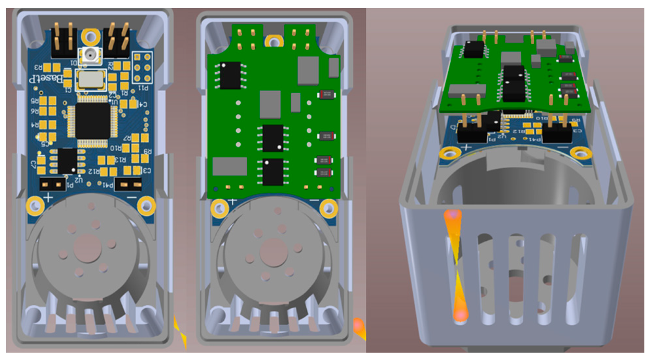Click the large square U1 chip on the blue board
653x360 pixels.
coord(92,121)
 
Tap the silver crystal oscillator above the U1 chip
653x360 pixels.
coord(91,79)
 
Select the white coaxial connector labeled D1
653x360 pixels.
coord(90,55)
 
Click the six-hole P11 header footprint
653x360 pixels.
coord(142,67)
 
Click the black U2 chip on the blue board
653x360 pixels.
coord(67,161)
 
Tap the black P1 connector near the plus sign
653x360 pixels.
coord(52,185)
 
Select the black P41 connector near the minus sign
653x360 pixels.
coord(128,185)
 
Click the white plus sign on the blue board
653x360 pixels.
coord(48,198)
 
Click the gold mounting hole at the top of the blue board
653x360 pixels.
coord(91,37)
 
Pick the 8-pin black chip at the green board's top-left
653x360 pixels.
coord(230,75)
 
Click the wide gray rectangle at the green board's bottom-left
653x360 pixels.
coord(230,166)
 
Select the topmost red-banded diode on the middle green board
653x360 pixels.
coord(326,95)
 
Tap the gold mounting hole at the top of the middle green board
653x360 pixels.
coord(274,41)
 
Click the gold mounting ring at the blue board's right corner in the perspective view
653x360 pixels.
coord(581,153)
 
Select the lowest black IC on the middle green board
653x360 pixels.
coord(273,172)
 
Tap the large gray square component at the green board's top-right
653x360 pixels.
coord(308,70)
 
